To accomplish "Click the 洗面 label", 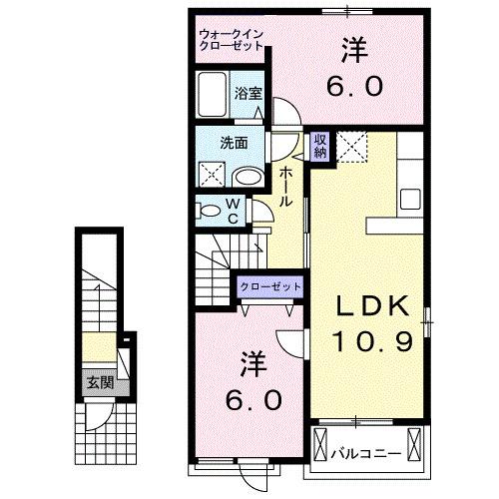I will click(234, 141).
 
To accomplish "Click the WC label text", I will click(231, 212).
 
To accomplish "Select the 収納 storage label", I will click(320, 146).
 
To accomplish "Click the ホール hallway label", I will click(285, 186).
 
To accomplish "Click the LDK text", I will click(372, 304).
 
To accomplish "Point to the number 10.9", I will click(372, 342).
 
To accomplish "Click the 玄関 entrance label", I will click(96, 380).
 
